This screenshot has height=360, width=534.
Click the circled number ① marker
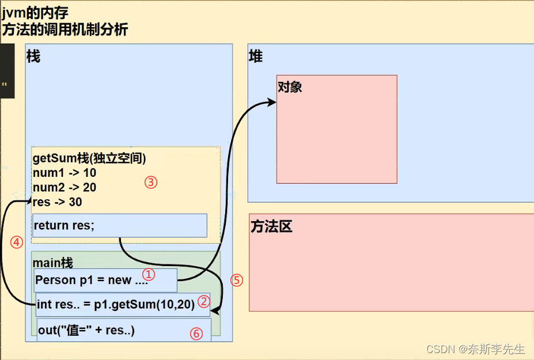point(149,275)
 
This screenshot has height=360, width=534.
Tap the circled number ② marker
point(203,301)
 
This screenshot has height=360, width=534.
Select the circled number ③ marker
point(150,183)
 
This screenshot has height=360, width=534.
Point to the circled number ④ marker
point(16,242)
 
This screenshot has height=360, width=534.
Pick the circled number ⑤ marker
point(237,281)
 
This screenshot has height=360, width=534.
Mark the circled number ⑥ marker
point(196,334)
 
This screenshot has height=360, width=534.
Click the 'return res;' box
point(120,226)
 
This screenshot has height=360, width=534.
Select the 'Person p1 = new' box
point(105,281)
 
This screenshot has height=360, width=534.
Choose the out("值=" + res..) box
point(123,331)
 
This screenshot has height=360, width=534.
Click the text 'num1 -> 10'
point(65,173)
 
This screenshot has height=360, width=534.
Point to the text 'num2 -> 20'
point(65,187)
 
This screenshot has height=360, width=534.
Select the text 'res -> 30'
point(58,202)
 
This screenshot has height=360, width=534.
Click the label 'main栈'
point(53,263)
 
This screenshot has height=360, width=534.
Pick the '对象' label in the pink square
point(290,87)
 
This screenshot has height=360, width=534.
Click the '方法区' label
point(271,227)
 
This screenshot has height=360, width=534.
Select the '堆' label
point(255,56)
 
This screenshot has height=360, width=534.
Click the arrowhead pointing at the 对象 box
point(272,102)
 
